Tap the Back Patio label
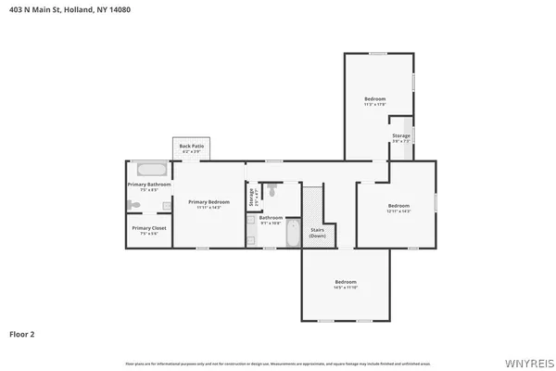pos(192,147)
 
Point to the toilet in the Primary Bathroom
pos(135,205)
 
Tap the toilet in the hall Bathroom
pos(272,190)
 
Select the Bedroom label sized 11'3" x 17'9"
pos(374,99)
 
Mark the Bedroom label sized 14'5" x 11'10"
pos(346,282)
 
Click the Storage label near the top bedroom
pos(400,136)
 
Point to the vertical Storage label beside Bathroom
pos(251,198)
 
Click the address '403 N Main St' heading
pos(34,8)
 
